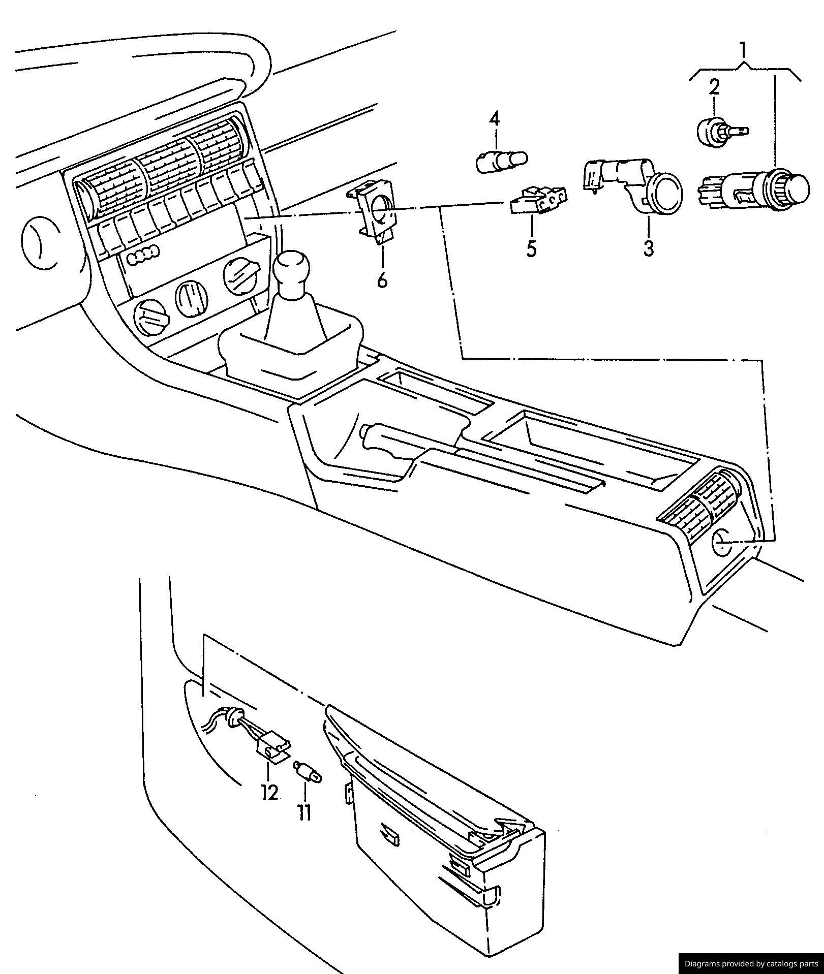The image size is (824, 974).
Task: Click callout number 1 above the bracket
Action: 744,50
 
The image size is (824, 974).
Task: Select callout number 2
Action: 715,87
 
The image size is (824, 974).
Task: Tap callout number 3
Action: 649,248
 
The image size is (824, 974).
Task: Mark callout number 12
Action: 269,792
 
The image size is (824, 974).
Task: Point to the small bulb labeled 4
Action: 502,162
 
